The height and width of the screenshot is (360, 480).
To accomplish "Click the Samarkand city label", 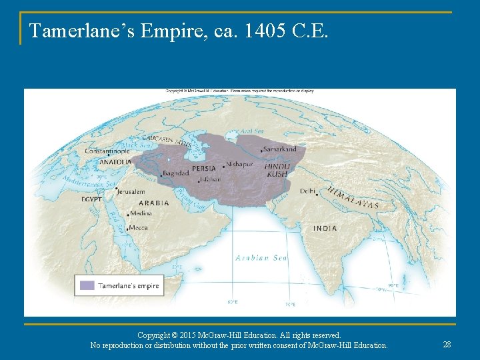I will pos(281,149).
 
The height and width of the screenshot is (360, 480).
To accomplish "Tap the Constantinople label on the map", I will pos(107,151).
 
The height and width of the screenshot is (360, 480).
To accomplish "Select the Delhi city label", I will pos(307,191).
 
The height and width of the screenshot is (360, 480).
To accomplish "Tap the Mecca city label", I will pos(139,228).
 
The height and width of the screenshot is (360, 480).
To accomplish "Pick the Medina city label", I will pos(141,213).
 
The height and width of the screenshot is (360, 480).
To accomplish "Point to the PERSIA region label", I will pos(203,169).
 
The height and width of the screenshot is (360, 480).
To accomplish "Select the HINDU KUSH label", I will pos(277,169).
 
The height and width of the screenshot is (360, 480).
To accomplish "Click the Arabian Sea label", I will pos(261,258).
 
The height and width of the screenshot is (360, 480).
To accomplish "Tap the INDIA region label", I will pos(325,228).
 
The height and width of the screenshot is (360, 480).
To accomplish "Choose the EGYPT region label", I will pos(92,199).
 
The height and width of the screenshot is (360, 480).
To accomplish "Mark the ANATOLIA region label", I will pos(115,161).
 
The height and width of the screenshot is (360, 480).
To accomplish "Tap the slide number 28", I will pos(447,344).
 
